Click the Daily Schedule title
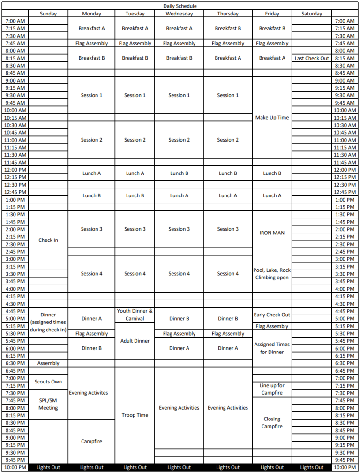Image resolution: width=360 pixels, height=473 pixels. pyautogui.click(x=180, y=6)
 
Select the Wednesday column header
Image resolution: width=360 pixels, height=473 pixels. pyautogui.click(x=179, y=14)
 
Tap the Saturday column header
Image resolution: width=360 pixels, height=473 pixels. pyautogui.click(x=312, y=14)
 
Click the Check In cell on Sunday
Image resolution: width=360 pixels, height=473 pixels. pyautogui.click(x=48, y=240)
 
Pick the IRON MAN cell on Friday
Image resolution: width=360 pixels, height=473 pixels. pyautogui.click(x=272, y=233)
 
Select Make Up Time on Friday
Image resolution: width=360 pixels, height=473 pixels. pyautogui.click(x=272, y=118)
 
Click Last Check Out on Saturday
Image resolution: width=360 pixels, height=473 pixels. pyautogui.click(x=312, y=58)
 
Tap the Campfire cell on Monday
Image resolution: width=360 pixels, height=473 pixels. pyautogui.click(x=91, y=441)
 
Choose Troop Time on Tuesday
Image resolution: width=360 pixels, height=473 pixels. pyautogui.click(x=135, y=415)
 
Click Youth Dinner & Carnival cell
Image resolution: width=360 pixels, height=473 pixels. pyautogui.click(x=135, y=315)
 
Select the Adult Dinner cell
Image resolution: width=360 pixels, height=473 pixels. pyautogui.click(x=135, y=341)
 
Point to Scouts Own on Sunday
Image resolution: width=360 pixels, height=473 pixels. pyautogui.click(x=48, y=382)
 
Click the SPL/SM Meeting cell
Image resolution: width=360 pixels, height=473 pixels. pyautogui.click(x=48, y=404)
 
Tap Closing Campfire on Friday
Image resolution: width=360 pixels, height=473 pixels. pyautogui.click(x=272, y=423)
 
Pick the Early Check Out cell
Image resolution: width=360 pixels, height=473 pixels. pyautogui.click(x=272, y=315)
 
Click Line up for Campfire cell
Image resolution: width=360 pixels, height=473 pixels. pyautogui.click(x=272, y=389)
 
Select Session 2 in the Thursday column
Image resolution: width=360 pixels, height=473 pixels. pyautogui.click(x=228, y=140)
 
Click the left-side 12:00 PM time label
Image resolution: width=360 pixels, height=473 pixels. pyautogui.click(x=15, y=170)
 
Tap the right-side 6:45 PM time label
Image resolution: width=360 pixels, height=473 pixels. pyautogui.click(x=345, y=371)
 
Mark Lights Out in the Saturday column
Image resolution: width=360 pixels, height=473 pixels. pyautogui.click(x=312, y=467)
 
